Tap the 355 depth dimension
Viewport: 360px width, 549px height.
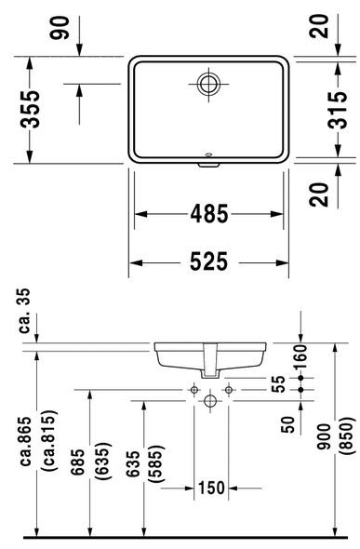coord(33,110)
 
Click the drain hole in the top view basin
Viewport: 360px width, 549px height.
coord(209,83)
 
